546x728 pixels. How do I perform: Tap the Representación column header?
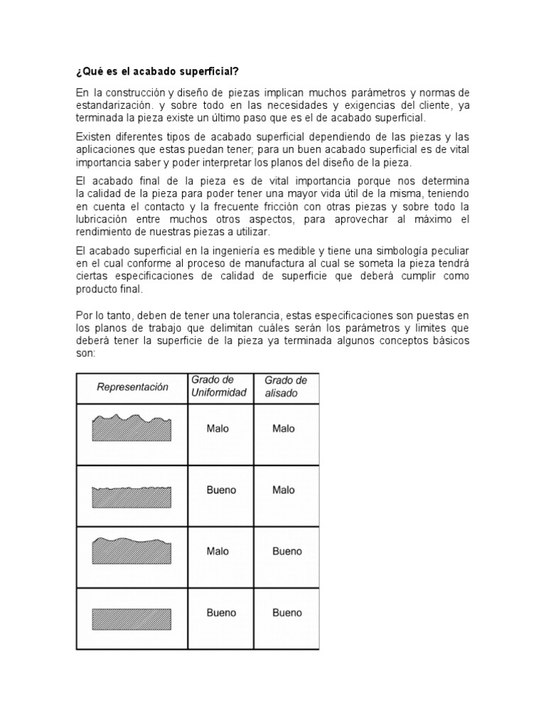point(132,387)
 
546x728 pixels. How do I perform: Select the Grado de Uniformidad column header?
point(218,386)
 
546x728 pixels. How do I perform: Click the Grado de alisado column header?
point(285,386)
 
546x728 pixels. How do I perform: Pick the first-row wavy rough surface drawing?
point(132,429)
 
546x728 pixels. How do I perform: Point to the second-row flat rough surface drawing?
point(132,496)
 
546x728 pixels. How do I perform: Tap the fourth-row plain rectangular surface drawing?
point(132,616)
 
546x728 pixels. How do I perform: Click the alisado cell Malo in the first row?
point(284,429)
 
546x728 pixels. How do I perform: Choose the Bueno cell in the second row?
point(221,490)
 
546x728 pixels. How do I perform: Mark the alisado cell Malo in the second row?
point(284,490)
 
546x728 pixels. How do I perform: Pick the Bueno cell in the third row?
point(287,551)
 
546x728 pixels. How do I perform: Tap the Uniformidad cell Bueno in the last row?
point(221,612)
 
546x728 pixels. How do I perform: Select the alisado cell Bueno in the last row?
point(287,612)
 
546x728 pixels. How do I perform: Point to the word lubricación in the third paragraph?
point(104,220)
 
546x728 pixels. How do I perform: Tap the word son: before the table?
point(85,353)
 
